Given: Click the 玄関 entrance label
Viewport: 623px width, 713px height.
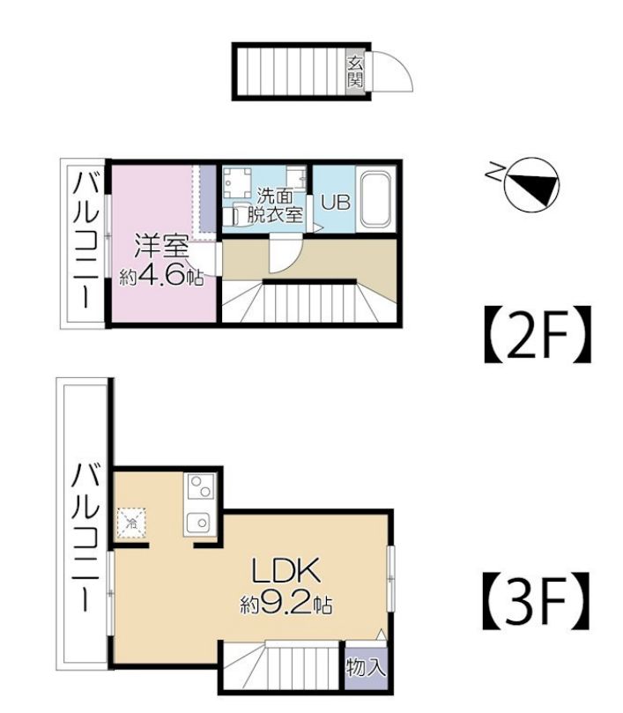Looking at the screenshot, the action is [355, 72].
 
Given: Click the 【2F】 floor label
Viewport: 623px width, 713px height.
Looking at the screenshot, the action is [538, 334].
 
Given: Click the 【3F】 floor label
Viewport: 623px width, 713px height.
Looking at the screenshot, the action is [537, 600].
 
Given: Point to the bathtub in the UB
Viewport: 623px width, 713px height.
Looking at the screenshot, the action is [376, 199].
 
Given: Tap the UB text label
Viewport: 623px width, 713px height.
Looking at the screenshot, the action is [336, 203].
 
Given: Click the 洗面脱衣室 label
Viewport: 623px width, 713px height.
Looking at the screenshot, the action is [275, 205].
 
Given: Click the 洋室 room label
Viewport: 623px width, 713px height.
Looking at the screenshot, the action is [161, 247].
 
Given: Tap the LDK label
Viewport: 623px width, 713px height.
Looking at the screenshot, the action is [286, 571].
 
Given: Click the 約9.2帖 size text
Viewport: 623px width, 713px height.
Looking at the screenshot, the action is [286, 604].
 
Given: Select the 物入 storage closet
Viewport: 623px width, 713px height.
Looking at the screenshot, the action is [366, 668].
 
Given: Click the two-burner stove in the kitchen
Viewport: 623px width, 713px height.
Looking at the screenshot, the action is [201, 486].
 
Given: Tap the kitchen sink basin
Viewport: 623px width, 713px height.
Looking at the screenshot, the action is [200, 523].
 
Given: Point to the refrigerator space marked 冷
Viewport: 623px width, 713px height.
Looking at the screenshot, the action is [131, 523].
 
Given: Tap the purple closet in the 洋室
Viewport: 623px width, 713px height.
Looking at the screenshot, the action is [208, 198].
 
